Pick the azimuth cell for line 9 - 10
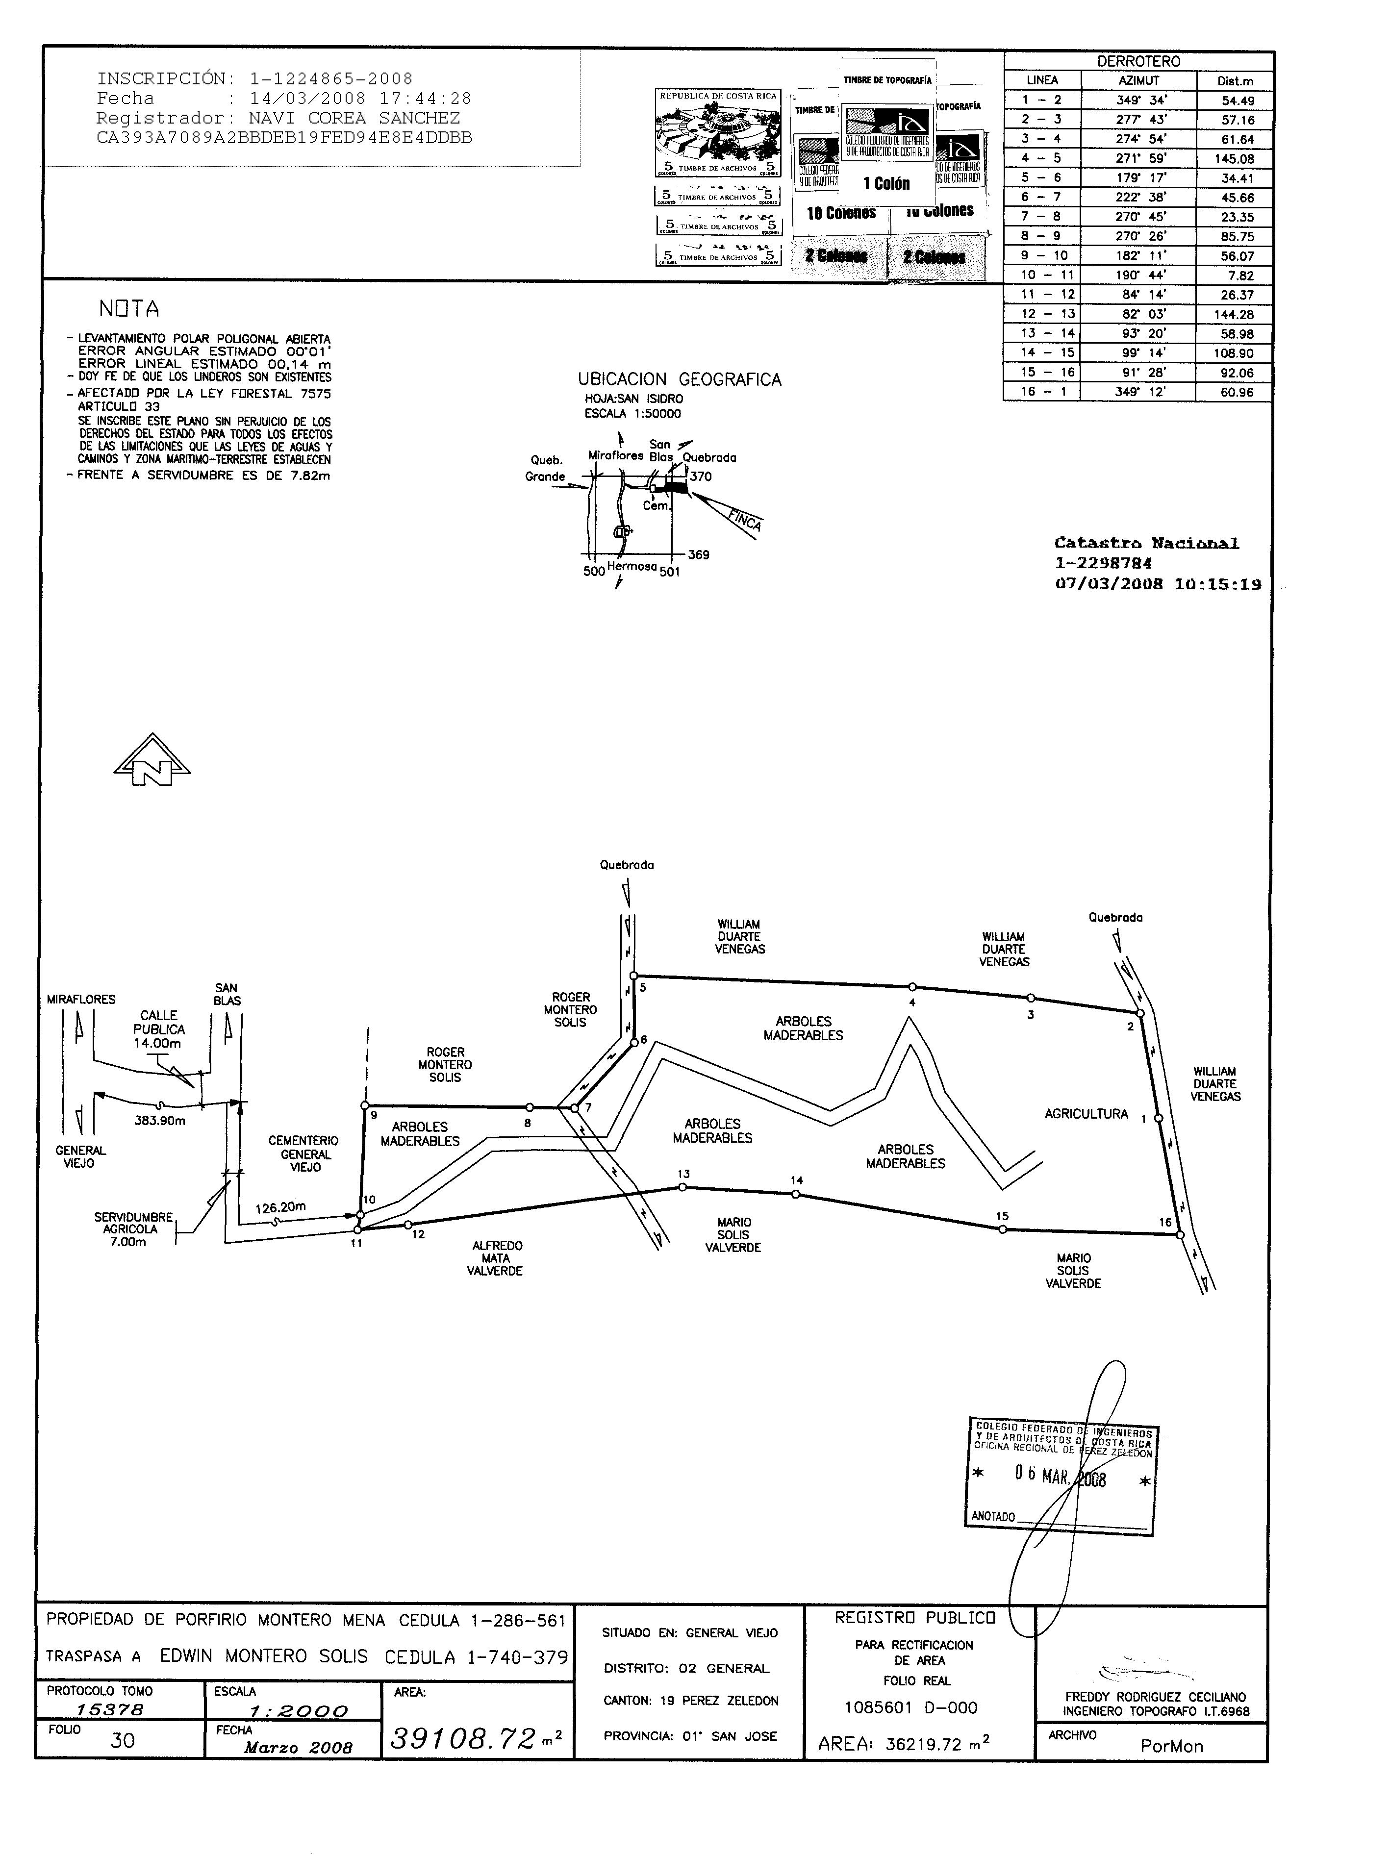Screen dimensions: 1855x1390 tap(1138, 256)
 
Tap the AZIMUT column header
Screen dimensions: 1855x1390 tap(1138, 80)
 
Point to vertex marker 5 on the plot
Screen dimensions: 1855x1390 tap(634, 976)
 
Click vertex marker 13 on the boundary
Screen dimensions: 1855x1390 tap(683, 1187)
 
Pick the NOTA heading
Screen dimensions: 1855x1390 tap(128, 309)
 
